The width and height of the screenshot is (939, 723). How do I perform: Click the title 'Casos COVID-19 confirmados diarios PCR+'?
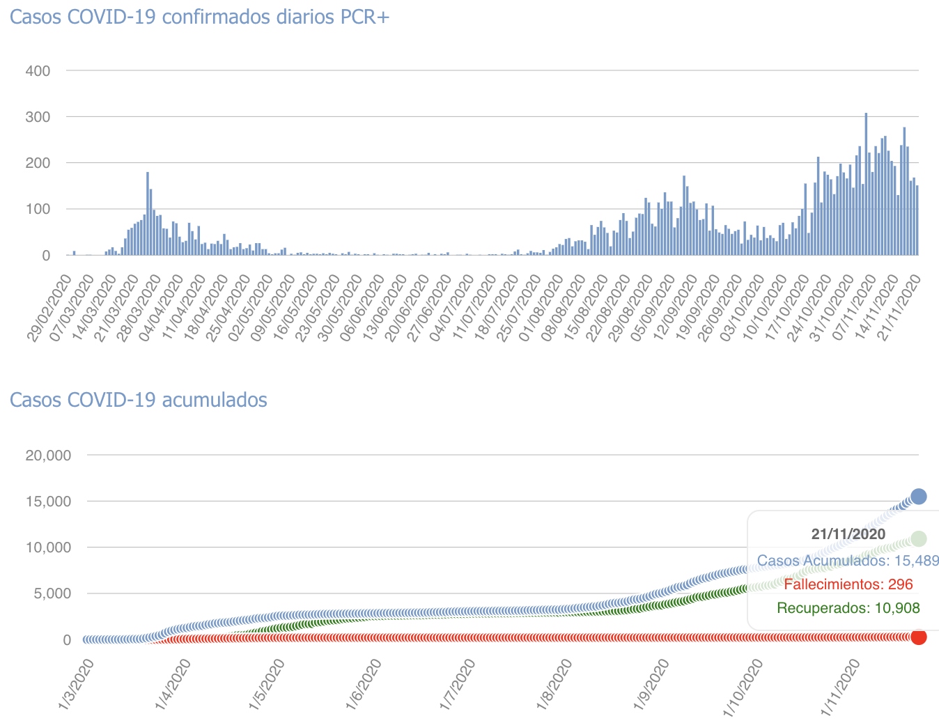(x=199, y=17)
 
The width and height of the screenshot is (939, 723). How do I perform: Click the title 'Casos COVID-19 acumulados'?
(x=138, y=400)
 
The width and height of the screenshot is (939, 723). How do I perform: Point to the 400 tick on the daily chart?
(x=38, y=70)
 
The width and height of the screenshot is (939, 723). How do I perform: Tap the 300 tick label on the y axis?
(x=38, y=116)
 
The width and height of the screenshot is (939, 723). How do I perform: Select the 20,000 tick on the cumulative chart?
(x=48, y=456)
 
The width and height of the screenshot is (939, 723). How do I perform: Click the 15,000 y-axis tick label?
(x=48, y=502)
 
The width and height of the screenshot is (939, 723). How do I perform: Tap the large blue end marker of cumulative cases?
(x=919, y=497)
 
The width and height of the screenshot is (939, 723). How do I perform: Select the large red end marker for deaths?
(x=919, y=637)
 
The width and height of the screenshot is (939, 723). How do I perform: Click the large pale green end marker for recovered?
(x=919, y=538)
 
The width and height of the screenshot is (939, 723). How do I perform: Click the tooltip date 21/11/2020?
(x=848, y=534)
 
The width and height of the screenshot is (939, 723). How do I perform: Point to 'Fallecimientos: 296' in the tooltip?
(x=848, y=584)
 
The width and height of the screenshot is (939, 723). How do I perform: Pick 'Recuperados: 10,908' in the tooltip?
(x=848, y=608)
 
